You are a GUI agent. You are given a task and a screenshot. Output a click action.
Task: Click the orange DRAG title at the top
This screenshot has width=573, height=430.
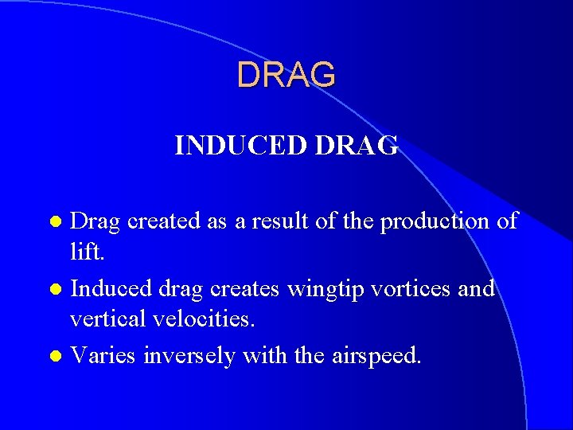tap(286, 75)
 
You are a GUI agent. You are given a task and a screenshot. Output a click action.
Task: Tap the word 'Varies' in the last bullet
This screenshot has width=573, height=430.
tap(103, 356)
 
